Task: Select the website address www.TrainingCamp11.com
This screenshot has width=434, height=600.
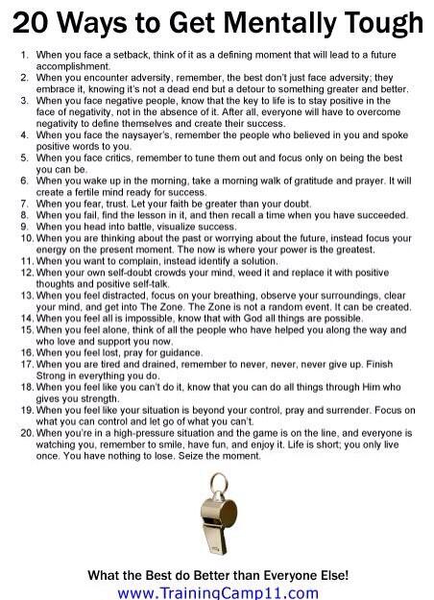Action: click(x=217, y=591)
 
